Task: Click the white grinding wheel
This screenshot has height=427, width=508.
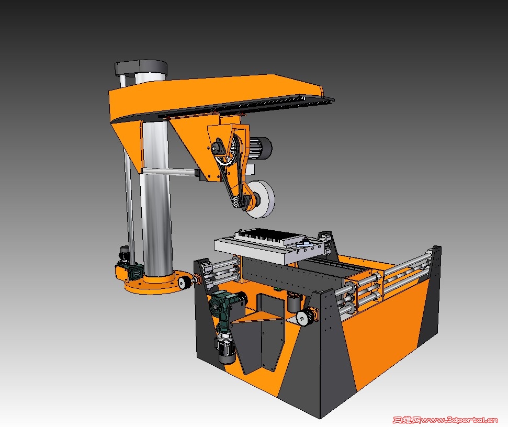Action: (261, 199)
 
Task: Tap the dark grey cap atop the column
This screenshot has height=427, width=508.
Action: (141, 68)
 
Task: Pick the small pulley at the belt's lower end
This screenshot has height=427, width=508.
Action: (236, 203)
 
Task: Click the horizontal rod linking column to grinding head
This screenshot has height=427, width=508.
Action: (171, 172)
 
